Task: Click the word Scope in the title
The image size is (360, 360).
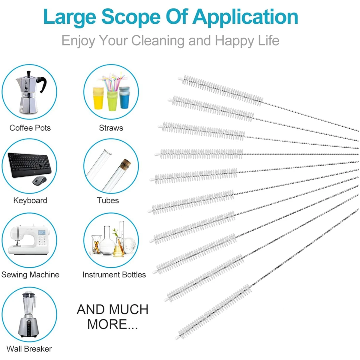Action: pos(131,17)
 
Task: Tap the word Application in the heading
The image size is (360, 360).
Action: pos(245,17)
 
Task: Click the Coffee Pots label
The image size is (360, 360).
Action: pos(30,128)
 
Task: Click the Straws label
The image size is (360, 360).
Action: pos(111,128)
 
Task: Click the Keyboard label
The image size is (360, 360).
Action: pos(30,200)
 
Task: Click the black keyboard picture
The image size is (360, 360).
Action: pos(28,165)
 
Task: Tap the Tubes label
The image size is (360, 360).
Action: pos(108,200)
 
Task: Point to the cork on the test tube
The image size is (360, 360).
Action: pos(126,164)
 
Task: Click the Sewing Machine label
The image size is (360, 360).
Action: pos(30,274)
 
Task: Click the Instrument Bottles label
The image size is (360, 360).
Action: pos(114,274)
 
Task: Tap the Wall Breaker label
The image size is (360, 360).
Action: pos(29,349)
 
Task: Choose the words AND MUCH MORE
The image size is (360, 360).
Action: pos(112,317)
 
